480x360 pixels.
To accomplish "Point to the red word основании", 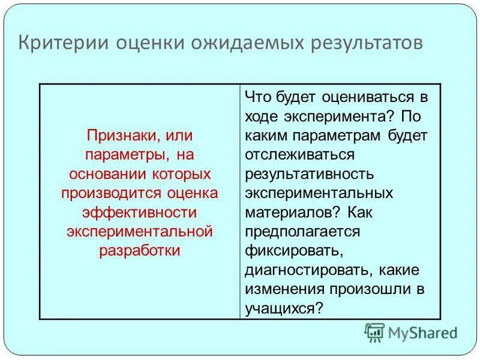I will (103, 174).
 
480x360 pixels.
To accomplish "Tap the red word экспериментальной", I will (140, 232).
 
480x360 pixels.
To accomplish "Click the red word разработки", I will (140, 251).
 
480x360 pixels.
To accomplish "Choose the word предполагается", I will (302, 232).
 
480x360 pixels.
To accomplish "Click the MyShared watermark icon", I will (374, 332).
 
